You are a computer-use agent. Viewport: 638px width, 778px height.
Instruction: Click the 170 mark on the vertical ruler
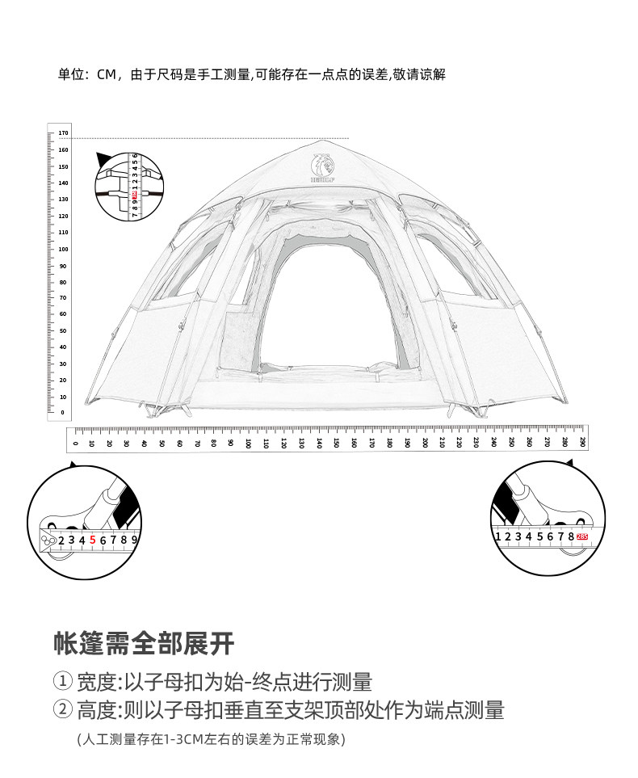(x=64, y=132)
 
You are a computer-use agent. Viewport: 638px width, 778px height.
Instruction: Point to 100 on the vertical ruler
(x=64, y=248)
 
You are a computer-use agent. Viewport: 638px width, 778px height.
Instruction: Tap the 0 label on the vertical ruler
(x=63, y=413)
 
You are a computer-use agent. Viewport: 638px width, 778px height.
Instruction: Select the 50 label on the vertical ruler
(x=64, y=330)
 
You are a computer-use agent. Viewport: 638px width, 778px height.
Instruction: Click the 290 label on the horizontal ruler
(x=582, y=442)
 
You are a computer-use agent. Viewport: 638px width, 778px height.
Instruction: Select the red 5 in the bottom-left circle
(x=93, y=539)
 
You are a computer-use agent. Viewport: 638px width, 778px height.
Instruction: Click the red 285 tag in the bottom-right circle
(x=581, y=536)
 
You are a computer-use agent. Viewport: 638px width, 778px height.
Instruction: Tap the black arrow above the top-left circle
(x=103, y=158)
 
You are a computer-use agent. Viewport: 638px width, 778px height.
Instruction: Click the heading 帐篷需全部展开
(x=144, y=643)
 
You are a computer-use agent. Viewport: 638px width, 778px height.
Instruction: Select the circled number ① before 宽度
(x=63, y=682)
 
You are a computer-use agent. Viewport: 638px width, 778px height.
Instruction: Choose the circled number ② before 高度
(x=63, y=710)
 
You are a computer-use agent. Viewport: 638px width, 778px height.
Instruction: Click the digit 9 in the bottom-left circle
(x=135, y=539)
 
